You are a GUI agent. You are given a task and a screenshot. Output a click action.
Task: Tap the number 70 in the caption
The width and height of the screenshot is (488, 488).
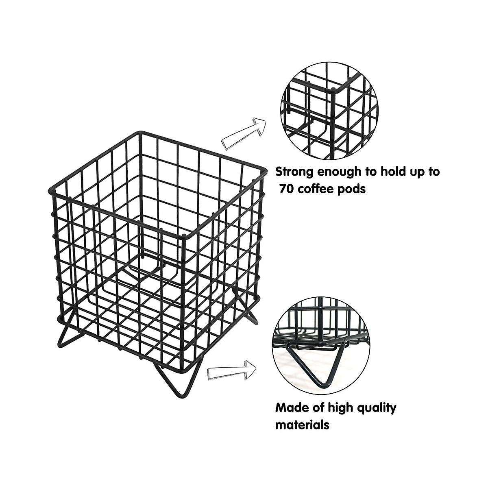(x=287, y=189)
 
